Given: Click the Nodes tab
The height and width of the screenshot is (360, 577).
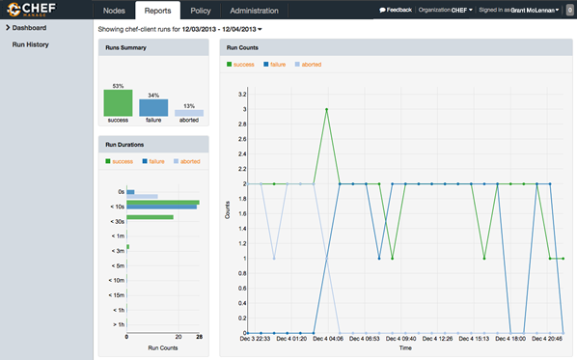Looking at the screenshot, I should (x=115, y=11).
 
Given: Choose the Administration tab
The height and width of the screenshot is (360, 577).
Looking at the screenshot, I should (x=254, y=11).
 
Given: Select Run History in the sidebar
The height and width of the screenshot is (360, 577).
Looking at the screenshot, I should (x=31, y=44).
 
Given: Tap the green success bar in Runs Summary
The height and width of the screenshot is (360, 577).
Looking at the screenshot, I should (x=118, y=102).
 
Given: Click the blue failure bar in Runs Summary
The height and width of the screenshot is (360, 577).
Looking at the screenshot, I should (x=153, y=107).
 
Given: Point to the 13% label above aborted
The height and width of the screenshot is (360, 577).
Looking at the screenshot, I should (x=188, y=106).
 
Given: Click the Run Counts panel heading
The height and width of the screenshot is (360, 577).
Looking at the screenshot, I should (x=242, y=47).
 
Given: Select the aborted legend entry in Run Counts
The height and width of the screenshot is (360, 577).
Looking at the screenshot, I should (x=305, y=65).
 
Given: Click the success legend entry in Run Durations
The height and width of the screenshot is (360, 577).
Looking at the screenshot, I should (x=121, y=161).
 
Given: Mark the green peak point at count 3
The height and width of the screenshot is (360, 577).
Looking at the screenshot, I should (x=327, y=110).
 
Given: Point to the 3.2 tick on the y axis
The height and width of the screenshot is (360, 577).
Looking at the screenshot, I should (x=241, y=95).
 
